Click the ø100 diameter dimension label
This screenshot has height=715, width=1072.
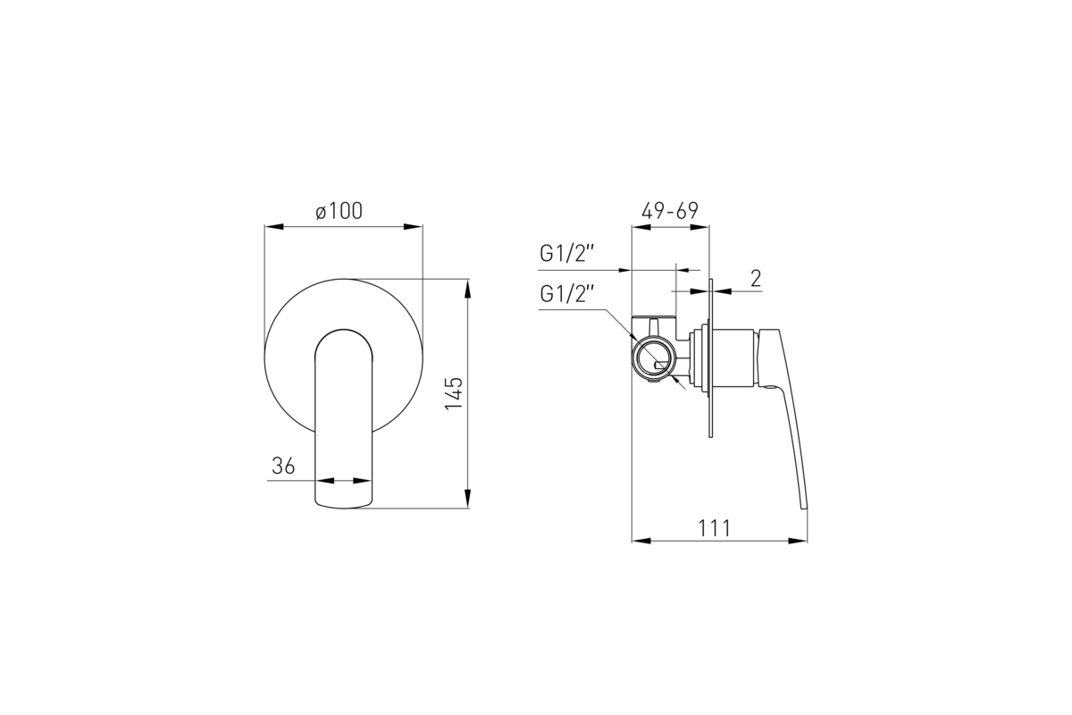(x=339, y=211)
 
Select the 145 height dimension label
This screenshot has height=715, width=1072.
(x=454, y=393)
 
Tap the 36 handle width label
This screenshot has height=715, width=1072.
(x=283, y=466)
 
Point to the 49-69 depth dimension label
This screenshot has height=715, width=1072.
(x=670, y=211)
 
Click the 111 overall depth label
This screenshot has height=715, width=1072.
(x=715, y=529)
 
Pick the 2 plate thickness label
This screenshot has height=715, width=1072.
(x=756, y=278)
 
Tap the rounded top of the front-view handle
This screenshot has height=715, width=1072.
(x=344, y=331)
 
